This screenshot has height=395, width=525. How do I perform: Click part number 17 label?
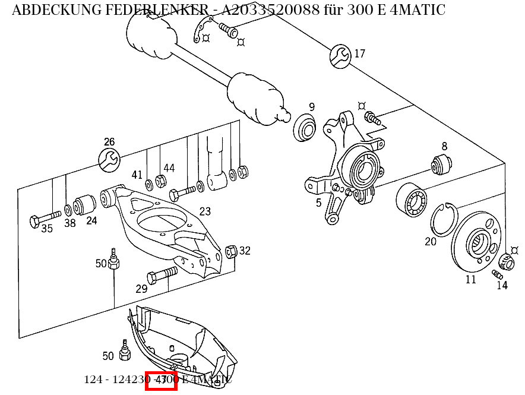pyautogui.click(x=360, y=54)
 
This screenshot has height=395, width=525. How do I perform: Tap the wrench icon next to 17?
pyautogui.click(x=340, y=55)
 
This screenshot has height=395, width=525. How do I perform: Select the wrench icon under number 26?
pyautogui.click(x=109, y=159)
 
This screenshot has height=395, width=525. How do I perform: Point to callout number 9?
pyautogui.click(x=311, y=108)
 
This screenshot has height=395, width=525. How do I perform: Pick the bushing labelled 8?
pyautogui.click(x=442, y=163)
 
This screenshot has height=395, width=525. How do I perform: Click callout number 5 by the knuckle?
pyautogui.click(x=318, y=203)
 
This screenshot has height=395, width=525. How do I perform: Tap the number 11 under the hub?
pyautogui.click(x=470, y=279)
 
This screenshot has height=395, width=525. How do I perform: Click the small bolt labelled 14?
pyautogui.click(x=498, y=274)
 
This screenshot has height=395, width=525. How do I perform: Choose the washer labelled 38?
pyautogui.click(x=69, y=209)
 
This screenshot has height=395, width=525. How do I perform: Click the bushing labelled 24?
pyautogui.click(x=86, y=205)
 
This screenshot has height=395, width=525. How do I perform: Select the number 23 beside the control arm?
pyautogui.click(x=205, y=211)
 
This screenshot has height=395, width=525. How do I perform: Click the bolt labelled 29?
pyautogui.click(x=161, y=275)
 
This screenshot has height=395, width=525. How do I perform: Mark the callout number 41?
pyautogui.click(x=137, y=175)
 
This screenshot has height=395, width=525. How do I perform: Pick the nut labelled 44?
pyautogui.click(x=160, y=181)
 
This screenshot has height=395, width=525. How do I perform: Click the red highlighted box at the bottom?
pyautogui.click(x=161, y=380)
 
